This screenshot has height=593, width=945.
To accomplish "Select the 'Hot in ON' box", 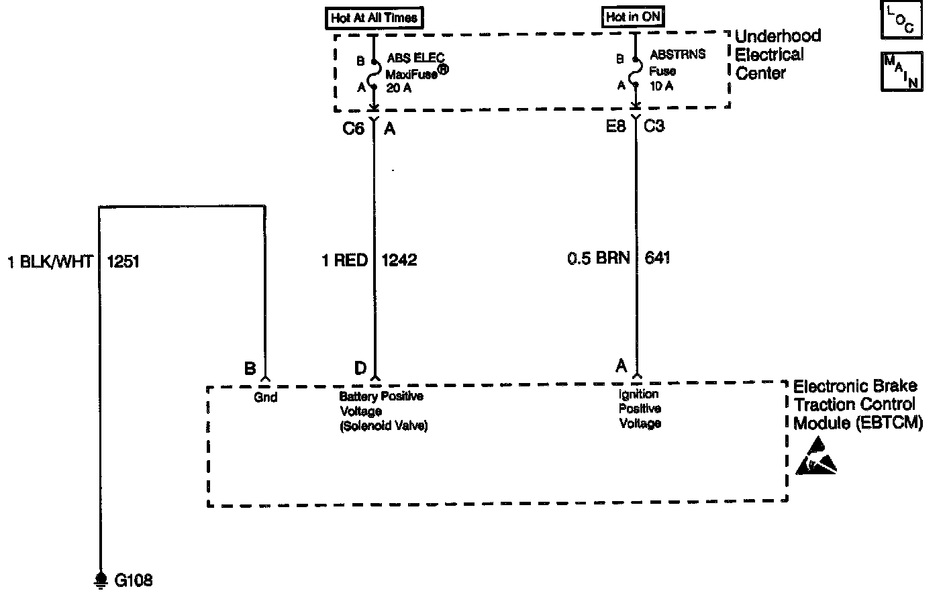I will click(x=633, y=17).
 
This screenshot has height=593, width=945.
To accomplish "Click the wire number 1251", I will click(x=123, y=261).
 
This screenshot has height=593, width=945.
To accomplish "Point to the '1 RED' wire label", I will click(x=345, y=260).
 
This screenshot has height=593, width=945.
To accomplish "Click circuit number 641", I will click(x=657, y=258).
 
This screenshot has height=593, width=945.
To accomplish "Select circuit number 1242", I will click(x=399, y=260).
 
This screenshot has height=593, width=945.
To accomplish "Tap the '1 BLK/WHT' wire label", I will click(x=50, y=261).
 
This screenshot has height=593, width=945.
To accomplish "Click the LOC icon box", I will click(x=901, y=21).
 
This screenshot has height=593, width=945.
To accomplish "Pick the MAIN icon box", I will click(x=901, y=71).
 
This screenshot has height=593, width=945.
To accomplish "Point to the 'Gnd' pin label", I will click(x=266, y=398).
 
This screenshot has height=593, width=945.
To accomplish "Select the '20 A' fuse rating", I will click(x=399, y=87).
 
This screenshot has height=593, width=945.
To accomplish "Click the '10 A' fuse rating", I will click(x=661, y=86).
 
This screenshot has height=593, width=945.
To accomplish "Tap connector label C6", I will click(x=353, y=128).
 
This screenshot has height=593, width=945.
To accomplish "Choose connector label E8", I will click(x=615, y=125).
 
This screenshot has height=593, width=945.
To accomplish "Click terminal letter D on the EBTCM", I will click(x=360, y=368).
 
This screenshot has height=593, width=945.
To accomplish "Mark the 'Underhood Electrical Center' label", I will click(x=778, y=54).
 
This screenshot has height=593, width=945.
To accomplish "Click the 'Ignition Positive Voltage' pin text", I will click(x=640, y=409).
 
